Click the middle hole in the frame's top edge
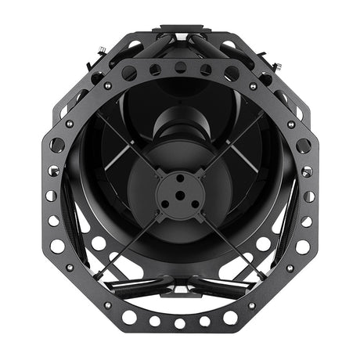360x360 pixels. [x=180, y=67]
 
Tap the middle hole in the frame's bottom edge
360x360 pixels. [x=180, y=320]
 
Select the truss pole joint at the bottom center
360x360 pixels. [x=180, y=297]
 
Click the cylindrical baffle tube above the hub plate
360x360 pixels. [x=180, y=129]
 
